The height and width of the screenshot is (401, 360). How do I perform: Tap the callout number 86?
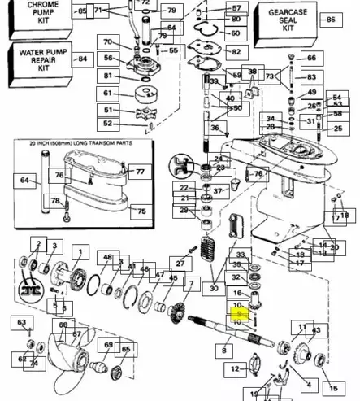(330, 20)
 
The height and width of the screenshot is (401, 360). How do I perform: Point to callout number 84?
(81, 59)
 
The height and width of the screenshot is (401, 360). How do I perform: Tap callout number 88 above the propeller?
(62, 325)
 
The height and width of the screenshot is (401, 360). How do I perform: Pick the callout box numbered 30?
(214, 288)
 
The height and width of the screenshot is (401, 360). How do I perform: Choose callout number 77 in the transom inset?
(139, 172)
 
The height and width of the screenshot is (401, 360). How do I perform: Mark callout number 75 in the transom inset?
(141, 211)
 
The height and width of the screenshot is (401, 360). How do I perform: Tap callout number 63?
(24, 324)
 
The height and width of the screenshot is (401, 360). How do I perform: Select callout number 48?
(108, 257)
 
